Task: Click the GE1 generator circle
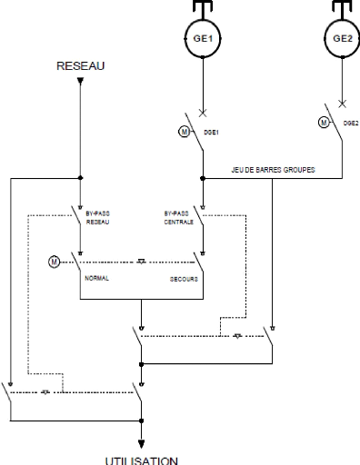[201, 39]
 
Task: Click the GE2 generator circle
[342, 39]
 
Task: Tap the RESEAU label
[81, 66]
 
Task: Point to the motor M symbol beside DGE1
[182, 132]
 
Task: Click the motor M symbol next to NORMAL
[54, 262]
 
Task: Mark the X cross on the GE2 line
[342, 103]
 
